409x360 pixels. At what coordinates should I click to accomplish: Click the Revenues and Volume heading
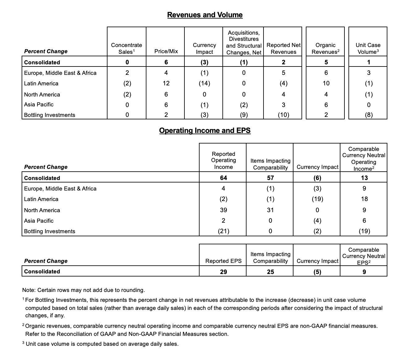[x=205, y=15]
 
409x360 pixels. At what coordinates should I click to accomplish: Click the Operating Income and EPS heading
[x=205, y=131]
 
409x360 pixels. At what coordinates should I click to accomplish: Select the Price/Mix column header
[x=166, y=51]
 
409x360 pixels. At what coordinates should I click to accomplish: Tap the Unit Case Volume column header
[x=368, y=49]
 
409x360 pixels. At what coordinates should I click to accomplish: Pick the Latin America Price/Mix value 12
[x=166, y=84]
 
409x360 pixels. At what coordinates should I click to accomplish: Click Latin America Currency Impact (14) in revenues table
[x=204, y=84]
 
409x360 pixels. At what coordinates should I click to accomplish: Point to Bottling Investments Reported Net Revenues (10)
[x=283, y=115]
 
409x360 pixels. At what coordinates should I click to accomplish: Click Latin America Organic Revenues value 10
[x=326, y=84]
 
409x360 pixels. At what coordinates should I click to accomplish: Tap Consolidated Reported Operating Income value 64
[x=223, y=178]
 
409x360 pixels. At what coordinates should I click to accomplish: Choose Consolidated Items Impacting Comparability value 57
[x=270, y=178]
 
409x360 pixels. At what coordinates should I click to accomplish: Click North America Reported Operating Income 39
[x=223, y=210]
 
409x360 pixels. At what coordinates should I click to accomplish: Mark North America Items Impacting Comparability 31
[x=270, y=210]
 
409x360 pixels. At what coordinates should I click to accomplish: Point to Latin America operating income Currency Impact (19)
[x=317, y=199]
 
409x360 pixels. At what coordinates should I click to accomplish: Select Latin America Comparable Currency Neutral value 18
[x=364, y=199]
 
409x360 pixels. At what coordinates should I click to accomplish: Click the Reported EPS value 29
[x=223, y=272]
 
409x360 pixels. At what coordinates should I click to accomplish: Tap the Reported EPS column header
[x=223, y=261]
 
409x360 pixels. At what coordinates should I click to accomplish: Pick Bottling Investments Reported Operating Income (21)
[x=223, y=231]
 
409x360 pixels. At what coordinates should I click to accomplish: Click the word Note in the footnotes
[x=29, y=290]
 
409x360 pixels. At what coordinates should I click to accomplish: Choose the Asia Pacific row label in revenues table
[x=39, y=105]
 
